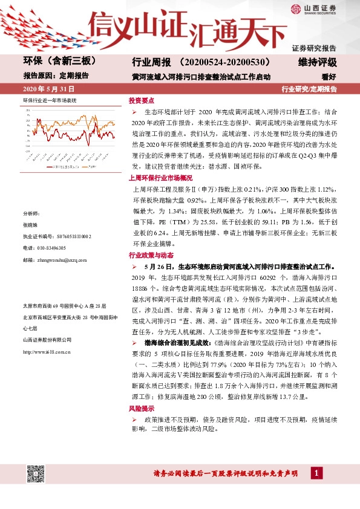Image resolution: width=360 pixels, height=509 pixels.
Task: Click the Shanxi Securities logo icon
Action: tap(295, 8)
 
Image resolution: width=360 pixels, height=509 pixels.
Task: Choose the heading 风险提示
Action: tap(140, 408)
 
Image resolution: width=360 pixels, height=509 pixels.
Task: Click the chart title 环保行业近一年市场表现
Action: tap(50, 100)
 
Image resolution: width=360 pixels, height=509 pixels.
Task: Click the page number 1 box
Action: tap(315, 473)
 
